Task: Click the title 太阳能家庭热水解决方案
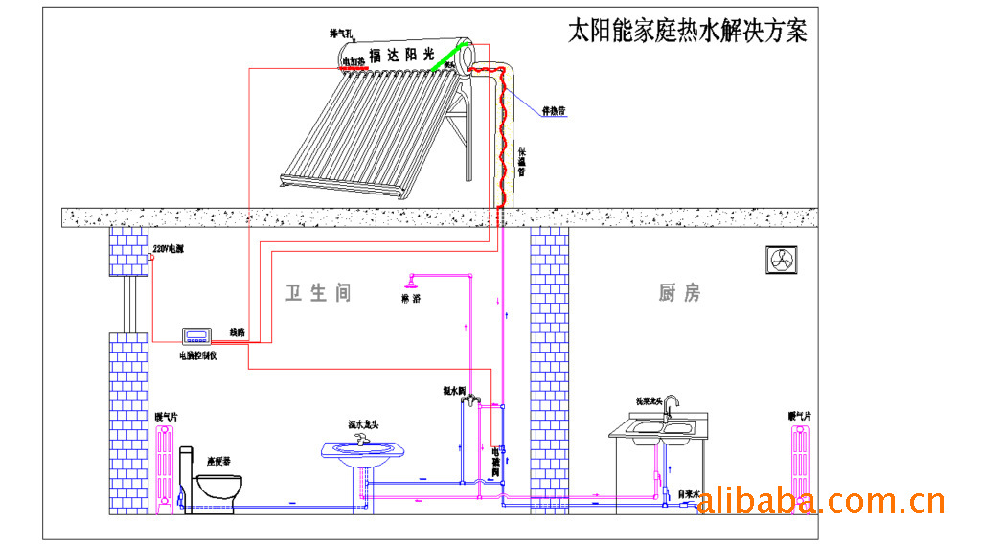click(x=687, y=30)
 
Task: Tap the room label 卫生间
click(x=318, y=292)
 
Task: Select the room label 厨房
click(x=679, y=292)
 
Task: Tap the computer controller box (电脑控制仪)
click(x=198, y=335)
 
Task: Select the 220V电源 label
click(x=169, y=250)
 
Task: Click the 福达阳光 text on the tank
click(x=401, y=57)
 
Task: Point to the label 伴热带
click(x=555, y=111)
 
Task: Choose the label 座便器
click(x=221, y=460)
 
